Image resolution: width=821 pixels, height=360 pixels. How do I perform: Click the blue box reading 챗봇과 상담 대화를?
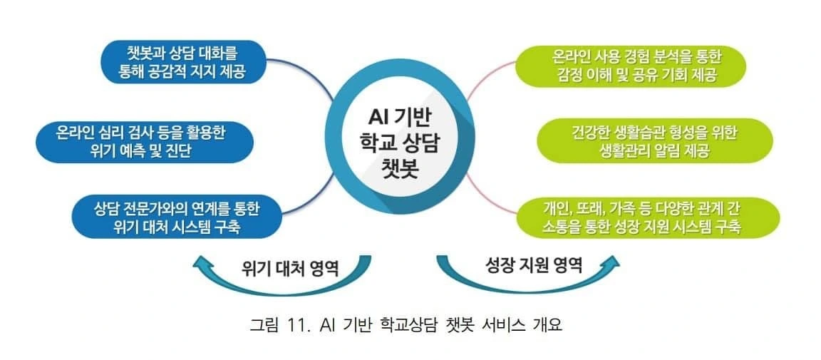[x=184, y=62]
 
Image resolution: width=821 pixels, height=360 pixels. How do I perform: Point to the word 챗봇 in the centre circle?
[x=398, y=170]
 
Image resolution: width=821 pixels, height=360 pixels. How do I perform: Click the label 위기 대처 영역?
[x=289, y=270]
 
